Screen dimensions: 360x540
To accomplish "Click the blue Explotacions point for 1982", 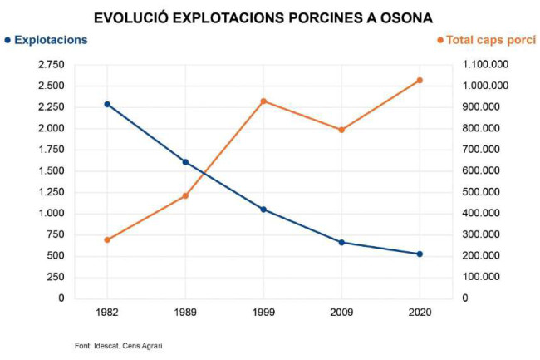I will point(107,104).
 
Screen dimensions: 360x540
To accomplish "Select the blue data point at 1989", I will point(185,162).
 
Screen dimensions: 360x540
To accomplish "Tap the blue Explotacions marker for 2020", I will point(420,254).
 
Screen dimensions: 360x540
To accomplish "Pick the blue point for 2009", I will point(341,243).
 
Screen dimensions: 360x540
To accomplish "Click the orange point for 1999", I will point(263,101).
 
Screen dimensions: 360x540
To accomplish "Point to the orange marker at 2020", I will point(420,81).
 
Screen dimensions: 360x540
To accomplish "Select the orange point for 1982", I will point(107,239).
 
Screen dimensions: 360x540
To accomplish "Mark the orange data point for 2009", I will point(341,130).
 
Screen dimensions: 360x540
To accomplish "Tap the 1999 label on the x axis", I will point(263,313).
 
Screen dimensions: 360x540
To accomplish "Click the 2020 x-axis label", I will point(420,313).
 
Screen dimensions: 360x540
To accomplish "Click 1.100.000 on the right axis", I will point(487,64).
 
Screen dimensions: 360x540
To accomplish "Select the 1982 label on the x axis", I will point(107,313).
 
